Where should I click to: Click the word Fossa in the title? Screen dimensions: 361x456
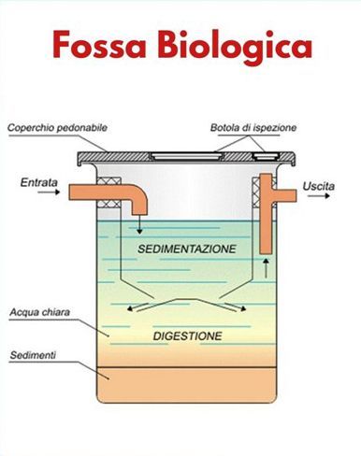99,45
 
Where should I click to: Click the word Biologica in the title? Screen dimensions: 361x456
235,47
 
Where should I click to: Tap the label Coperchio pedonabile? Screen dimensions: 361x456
57,128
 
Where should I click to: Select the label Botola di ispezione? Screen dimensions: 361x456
253,128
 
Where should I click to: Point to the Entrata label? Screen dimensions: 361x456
39,182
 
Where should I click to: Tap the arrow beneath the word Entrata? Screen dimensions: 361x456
49,192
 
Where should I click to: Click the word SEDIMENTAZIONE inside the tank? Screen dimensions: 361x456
187,249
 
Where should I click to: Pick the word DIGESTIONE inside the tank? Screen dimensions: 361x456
188,336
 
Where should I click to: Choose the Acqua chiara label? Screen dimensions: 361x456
39,312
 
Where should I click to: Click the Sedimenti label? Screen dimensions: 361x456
33,355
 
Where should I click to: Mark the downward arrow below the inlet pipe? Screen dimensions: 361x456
139,224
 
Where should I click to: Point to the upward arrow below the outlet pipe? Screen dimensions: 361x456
266,268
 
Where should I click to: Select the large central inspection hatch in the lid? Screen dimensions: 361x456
186,156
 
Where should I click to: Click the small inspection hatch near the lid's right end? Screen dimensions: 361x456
266,156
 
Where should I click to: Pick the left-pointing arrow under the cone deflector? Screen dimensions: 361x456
137,307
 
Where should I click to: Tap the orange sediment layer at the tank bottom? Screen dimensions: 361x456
186,385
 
